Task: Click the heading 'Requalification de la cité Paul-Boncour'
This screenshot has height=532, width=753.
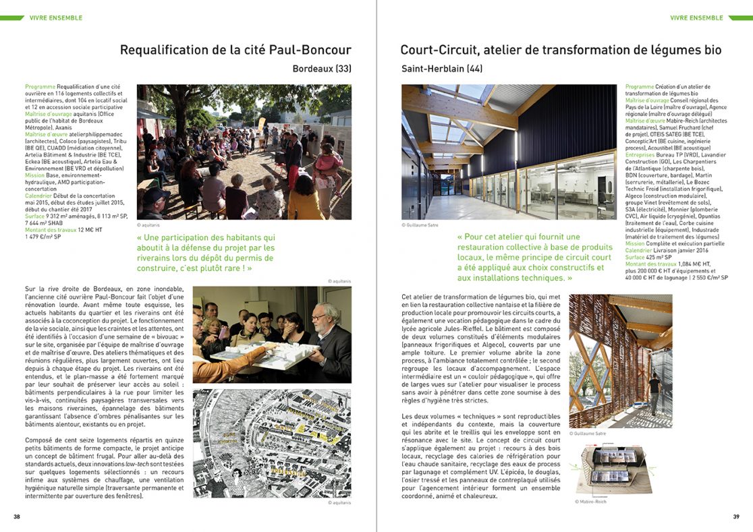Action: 235,50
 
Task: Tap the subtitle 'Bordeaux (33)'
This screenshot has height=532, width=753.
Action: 322,68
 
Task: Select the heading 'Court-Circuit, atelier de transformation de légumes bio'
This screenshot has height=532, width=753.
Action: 561,50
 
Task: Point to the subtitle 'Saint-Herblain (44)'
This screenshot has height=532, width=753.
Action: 442,68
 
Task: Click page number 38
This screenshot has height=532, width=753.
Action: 17,517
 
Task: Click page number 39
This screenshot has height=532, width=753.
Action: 736,517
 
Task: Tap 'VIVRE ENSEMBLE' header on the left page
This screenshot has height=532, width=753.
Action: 55,18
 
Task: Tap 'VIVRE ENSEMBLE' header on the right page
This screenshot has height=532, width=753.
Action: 696,18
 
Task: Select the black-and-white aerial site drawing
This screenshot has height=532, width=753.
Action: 272,443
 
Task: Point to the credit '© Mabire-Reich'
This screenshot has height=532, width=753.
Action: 588,502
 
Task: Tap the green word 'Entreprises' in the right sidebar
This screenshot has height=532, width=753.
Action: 640,154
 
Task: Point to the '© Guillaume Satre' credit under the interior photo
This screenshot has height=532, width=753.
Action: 420,225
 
